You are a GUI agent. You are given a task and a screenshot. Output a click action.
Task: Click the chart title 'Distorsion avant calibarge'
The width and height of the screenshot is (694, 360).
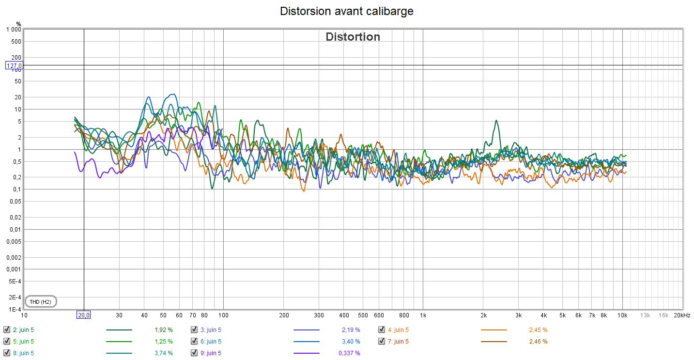pos(347,11)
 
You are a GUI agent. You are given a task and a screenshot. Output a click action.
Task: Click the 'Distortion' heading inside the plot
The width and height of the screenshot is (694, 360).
pos(353,37)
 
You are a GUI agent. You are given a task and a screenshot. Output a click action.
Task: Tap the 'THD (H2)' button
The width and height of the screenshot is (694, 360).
pos(40,302)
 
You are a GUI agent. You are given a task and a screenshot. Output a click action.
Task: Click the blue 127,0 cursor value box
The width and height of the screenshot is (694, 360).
pos(15,65)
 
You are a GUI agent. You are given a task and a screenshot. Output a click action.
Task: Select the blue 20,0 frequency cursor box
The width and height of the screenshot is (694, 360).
pos(84,315)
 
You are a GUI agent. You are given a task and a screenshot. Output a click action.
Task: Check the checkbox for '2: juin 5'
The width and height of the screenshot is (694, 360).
pos(6,330)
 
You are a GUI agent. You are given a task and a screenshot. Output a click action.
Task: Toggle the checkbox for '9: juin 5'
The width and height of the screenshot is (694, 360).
pos(194,353)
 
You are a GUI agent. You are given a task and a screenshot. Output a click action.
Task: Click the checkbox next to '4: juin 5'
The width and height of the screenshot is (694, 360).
pos(382,330)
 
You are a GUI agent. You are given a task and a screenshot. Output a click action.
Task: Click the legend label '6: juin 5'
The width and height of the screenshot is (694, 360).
pos(211,342)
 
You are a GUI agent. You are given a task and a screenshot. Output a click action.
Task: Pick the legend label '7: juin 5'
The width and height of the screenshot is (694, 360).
pos(398,342)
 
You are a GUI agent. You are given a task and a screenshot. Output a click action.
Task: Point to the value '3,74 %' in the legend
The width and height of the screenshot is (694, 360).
pos(163,353)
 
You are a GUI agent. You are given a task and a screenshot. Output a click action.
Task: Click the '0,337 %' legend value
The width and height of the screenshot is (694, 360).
pos(349,353)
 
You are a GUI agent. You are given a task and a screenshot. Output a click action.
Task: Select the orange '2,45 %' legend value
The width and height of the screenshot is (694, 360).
pos(538,330)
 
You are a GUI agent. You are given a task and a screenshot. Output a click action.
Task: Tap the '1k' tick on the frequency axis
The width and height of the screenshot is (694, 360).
pos(423,315)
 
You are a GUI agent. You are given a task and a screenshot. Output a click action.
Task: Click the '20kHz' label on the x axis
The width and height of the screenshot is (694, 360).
pos(682,315)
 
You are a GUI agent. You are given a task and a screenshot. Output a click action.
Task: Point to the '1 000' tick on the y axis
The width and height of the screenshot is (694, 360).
pos(13,30)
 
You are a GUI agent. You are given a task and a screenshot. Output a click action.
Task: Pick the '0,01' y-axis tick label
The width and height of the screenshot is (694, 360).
pos(15,229)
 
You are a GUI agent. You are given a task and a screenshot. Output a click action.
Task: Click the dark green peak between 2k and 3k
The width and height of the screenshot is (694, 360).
pos(495,121)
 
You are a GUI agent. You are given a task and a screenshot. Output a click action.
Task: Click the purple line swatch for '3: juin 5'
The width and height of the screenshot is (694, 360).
pos(306,330)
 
